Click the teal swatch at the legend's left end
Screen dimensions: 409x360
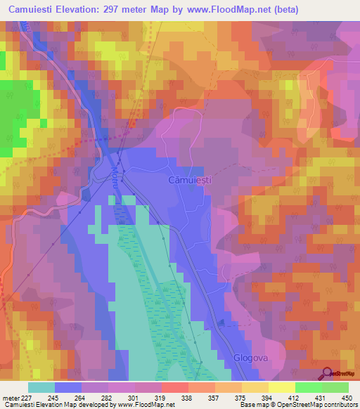[x=41, y=387]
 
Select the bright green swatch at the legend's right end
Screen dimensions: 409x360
[x=335, y=387]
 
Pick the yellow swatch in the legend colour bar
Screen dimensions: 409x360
[x=282, y=387]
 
